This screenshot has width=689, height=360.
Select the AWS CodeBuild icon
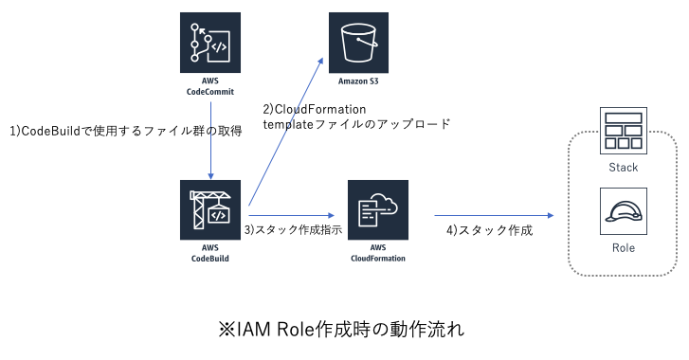click(x=209, y=209)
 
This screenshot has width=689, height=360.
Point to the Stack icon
click(x=623, y=131)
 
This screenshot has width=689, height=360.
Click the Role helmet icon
click(x=623, y=211)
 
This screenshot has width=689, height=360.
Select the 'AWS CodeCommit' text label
click(x=210, y=87)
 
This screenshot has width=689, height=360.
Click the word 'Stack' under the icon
click(x=623, y=168)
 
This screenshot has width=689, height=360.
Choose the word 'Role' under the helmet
click(x=623, y=248)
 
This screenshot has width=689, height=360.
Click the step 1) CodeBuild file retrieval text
click(x=125, y=132)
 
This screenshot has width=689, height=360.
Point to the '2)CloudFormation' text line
click(x=315, y=109)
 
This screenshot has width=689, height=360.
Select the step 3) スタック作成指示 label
click(x=293, y=230)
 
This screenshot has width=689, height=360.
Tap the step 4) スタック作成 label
click(x=490, y=230)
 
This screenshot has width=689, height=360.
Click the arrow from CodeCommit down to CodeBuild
click(x=209, y=152)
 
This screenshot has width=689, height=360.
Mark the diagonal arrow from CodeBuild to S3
click(x=284, y=128)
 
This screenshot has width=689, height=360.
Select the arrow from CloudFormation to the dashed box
click(x=493, y=215)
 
